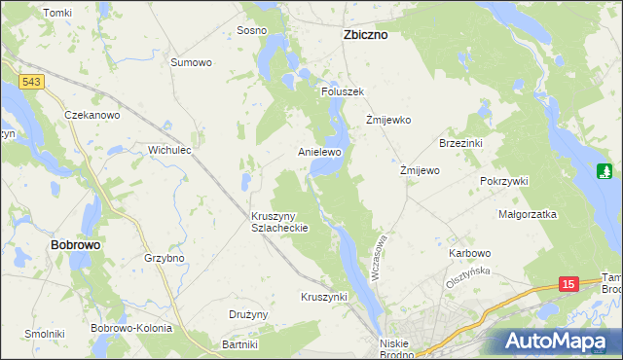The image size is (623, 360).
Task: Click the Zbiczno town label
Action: [365, 34]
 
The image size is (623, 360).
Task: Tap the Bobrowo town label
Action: [75, 245]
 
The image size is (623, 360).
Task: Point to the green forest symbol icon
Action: [604, 172]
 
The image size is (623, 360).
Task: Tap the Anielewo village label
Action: [319, 153]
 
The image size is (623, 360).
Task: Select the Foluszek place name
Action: [343, 91]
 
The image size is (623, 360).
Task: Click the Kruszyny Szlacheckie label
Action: [279, 221]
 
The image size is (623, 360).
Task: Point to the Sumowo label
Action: [191, 62]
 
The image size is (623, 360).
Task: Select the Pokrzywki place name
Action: [503, 181]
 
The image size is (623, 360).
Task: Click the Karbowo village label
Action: [469, 253]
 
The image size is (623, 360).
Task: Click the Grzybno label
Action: [164, 259]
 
